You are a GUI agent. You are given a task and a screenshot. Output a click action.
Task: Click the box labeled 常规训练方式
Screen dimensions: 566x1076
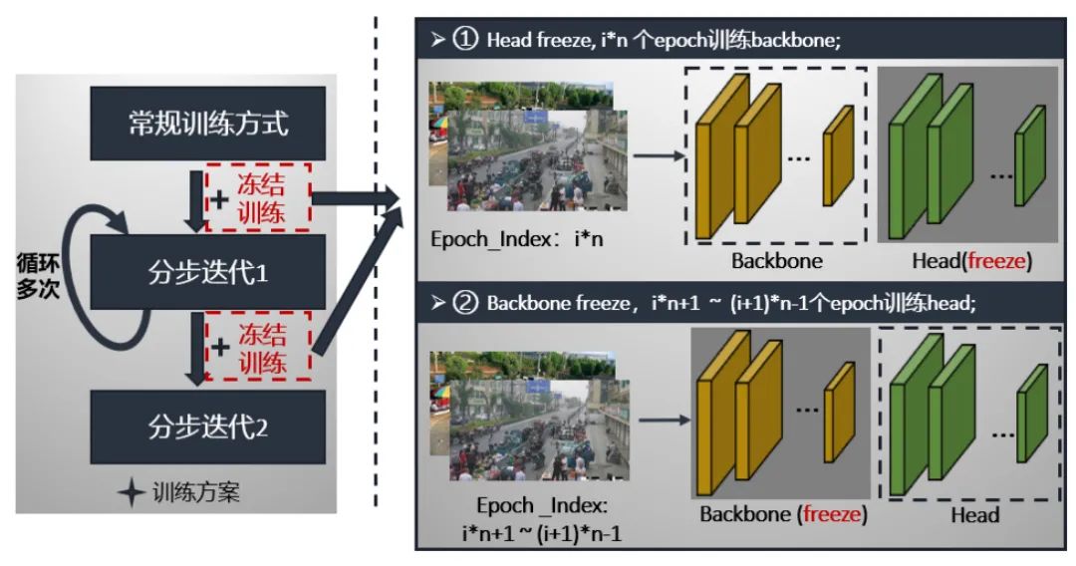tap(207, 124)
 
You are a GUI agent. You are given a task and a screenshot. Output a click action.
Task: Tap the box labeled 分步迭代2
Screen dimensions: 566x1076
tap(207, 427)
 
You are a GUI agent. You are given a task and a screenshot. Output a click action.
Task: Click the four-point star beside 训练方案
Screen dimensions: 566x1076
tap(132, 493)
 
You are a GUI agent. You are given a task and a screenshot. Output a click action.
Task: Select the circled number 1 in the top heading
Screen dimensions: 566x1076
tap(466, 42)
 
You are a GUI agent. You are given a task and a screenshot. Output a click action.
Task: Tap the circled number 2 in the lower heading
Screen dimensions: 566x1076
tap(466, 303)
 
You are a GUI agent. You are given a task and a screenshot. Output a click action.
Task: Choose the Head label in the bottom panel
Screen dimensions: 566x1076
tap(973, 515)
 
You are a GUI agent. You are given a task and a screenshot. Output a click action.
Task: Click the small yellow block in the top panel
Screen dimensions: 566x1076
tap(838, 156)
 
